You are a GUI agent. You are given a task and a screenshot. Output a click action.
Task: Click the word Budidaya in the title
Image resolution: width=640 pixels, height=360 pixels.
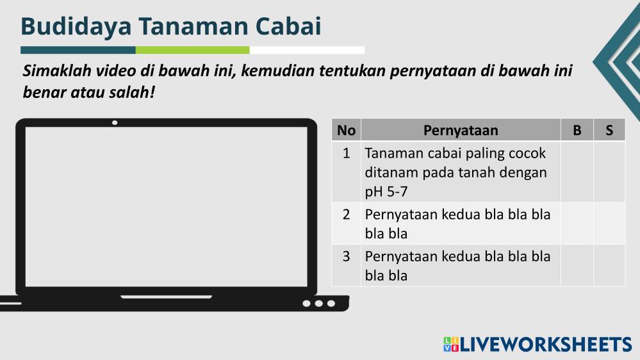(76, 26)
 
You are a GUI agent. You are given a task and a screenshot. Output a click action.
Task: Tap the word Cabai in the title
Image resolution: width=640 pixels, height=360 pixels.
(288, 26)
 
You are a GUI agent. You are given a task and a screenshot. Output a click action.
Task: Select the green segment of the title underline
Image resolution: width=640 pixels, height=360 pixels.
(192, 50)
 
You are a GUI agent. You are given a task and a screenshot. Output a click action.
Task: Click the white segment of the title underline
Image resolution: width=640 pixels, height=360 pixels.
(307, 50)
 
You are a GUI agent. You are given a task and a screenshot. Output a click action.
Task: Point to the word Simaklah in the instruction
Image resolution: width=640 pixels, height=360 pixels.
(57, 70)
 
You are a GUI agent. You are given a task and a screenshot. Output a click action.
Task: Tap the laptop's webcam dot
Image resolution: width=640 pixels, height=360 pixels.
(115, 122)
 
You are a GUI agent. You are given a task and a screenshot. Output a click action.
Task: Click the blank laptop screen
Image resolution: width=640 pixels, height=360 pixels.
(166, 206)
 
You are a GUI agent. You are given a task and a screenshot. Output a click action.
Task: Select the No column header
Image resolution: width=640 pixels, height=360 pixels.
(346, 130)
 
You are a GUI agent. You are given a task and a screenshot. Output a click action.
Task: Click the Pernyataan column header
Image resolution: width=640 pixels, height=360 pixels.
(461, 130)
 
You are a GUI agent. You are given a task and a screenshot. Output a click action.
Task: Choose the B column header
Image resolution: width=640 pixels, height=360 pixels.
(577, 130)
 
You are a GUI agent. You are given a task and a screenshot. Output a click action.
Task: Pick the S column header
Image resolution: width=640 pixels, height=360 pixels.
(609, 130)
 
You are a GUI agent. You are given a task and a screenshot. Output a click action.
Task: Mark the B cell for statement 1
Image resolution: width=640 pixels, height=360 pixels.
(577, 172)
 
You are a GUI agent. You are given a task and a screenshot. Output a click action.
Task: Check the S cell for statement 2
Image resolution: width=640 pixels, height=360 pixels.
(609, 224)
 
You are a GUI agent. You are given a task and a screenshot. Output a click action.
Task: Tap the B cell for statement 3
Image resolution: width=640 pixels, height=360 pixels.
(577, 265)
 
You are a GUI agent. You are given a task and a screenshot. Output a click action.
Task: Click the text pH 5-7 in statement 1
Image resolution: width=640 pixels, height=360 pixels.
(386, 192)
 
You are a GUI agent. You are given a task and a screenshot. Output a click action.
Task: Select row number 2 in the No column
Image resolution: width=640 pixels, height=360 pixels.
(346, 215)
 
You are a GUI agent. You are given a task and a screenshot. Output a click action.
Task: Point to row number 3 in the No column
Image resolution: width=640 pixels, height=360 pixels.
(346, 256)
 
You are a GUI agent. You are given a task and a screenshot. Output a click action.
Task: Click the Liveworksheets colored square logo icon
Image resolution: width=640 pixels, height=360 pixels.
(451, 344)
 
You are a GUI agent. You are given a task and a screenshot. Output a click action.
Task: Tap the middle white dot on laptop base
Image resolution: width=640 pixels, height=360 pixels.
(319, 303)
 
